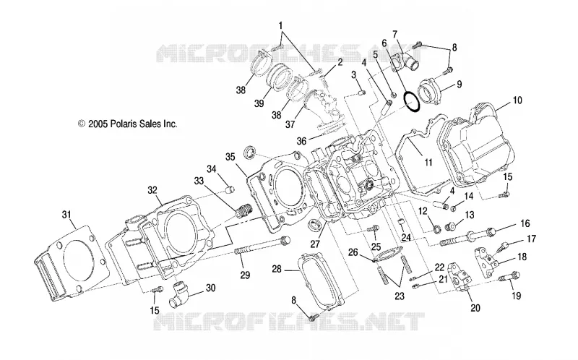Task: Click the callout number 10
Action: [517, 100]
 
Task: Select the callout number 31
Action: [66, 215]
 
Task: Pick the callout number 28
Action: [277, 269]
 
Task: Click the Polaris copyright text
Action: [128, 124]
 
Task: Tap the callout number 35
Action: [230, 157]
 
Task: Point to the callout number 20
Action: [475, 307]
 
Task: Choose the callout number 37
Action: [290, 124]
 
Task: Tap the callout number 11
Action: [428, 162]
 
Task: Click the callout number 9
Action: [460, 85]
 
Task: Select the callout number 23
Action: [400, 296]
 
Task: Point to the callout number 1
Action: [280, 26]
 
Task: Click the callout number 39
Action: [259, 103]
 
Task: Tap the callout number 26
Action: [353, 252]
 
